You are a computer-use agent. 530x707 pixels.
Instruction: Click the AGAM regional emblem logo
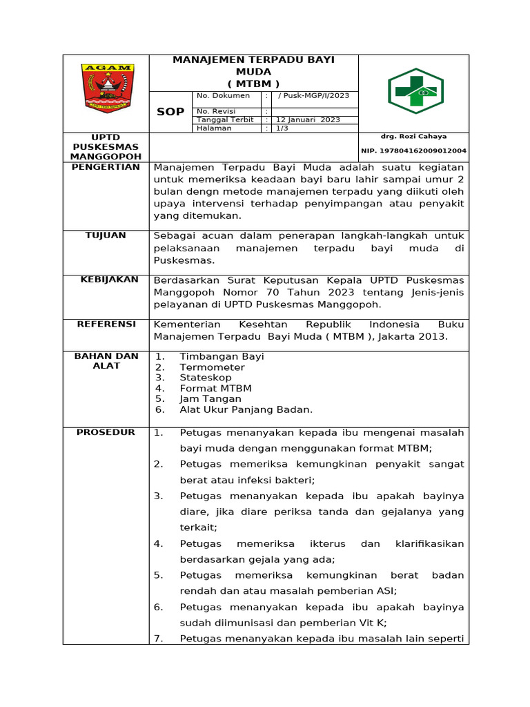point(107,88)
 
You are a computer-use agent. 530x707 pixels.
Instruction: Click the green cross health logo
point(415,90)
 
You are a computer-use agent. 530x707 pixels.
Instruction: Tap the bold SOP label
point(170,112)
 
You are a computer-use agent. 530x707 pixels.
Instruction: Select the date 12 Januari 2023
point(308,119)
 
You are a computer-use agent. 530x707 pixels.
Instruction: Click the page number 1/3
point(282,128)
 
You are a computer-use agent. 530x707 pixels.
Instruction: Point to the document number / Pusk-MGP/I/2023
point(313,96)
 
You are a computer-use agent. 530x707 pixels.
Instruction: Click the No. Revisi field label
point(216,111)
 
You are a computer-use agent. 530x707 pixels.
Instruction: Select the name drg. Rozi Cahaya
point(413,137)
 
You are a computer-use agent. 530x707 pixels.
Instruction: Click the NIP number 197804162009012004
point(413,151)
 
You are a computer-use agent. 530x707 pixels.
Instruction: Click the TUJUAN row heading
point(106,235)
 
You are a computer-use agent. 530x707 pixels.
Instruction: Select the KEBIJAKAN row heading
point(110,280)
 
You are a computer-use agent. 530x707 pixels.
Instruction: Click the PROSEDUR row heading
point(106,432)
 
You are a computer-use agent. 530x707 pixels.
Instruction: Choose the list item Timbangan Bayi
point(222,356)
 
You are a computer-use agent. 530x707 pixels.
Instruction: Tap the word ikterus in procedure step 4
point(326,544)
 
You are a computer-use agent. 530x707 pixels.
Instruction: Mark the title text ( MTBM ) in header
point(253,84)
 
